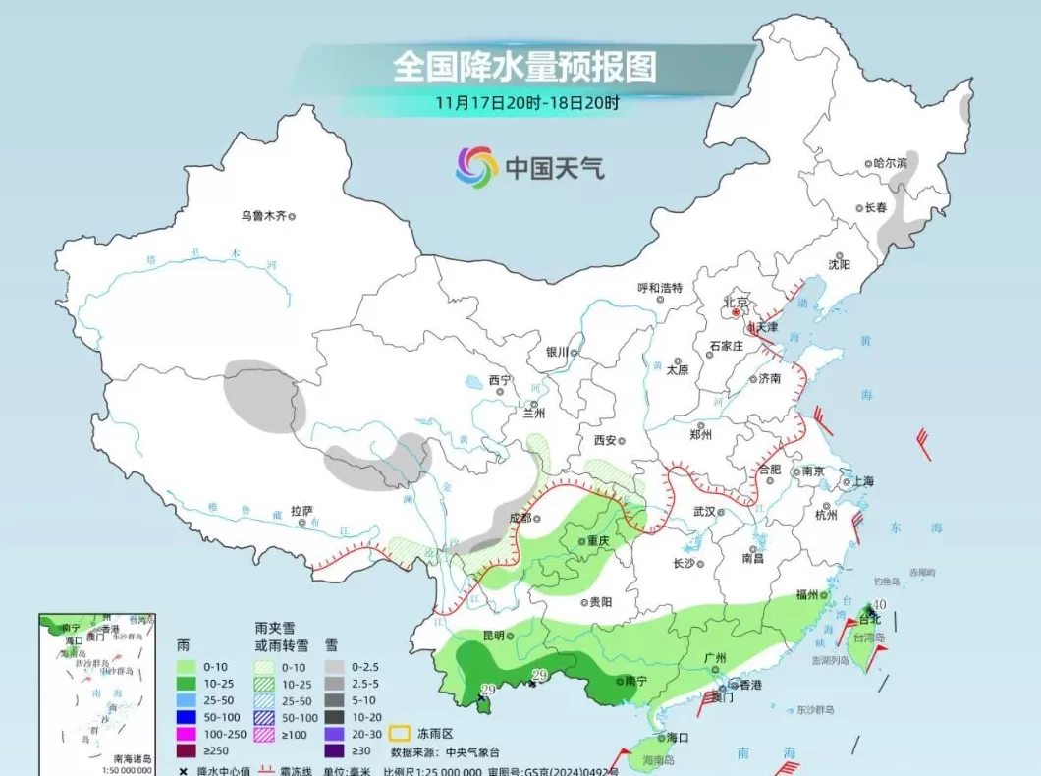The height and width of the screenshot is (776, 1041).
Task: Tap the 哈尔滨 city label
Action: [891, 163]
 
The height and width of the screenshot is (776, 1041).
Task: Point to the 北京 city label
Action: [736, 302]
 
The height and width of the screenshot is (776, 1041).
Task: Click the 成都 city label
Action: [519, 518]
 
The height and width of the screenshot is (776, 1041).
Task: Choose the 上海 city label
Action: [863, 481]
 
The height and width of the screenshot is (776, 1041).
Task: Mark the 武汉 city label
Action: [704, 511]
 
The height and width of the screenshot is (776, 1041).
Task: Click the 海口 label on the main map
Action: [677, 737]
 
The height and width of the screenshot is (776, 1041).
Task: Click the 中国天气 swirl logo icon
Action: [477, 167]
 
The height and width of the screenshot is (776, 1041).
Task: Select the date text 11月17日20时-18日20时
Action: [528, 101]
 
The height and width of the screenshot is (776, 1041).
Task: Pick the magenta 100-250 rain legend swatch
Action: [186, 734]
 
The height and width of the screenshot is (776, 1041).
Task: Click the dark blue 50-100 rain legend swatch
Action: [186, 717]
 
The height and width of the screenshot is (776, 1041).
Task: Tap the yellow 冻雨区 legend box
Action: [399, 733]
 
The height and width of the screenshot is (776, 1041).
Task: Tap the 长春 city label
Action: [875, 208]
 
